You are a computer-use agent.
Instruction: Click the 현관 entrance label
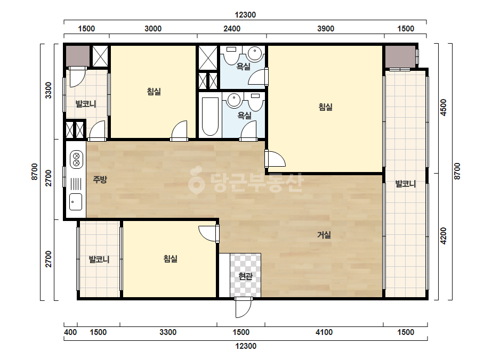point(245,276)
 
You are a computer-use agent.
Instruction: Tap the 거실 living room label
point(324,235)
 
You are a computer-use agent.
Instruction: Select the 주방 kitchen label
point(100,179)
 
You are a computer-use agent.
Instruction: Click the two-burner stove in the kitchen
point(76,159)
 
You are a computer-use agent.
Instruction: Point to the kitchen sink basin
point(76,201)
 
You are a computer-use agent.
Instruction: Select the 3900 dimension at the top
point(325,29)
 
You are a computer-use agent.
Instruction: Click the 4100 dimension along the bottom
point(324,332)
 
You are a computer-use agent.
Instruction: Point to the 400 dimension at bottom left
point(70,332)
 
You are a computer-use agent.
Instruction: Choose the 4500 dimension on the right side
point(443,108)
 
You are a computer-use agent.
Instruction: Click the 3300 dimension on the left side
point(49,91)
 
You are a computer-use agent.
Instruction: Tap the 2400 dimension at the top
point(232,29)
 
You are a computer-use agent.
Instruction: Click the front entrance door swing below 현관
point(244,308)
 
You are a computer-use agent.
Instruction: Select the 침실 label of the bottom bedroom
point(171,259)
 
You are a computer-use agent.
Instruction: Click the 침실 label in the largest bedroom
point(325,107)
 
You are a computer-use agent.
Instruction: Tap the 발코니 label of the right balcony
point(406,184)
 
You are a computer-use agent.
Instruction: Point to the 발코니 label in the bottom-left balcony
point(99,260)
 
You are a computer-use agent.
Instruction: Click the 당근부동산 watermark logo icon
point(196,180)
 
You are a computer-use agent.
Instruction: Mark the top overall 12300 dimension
point(245,15)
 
